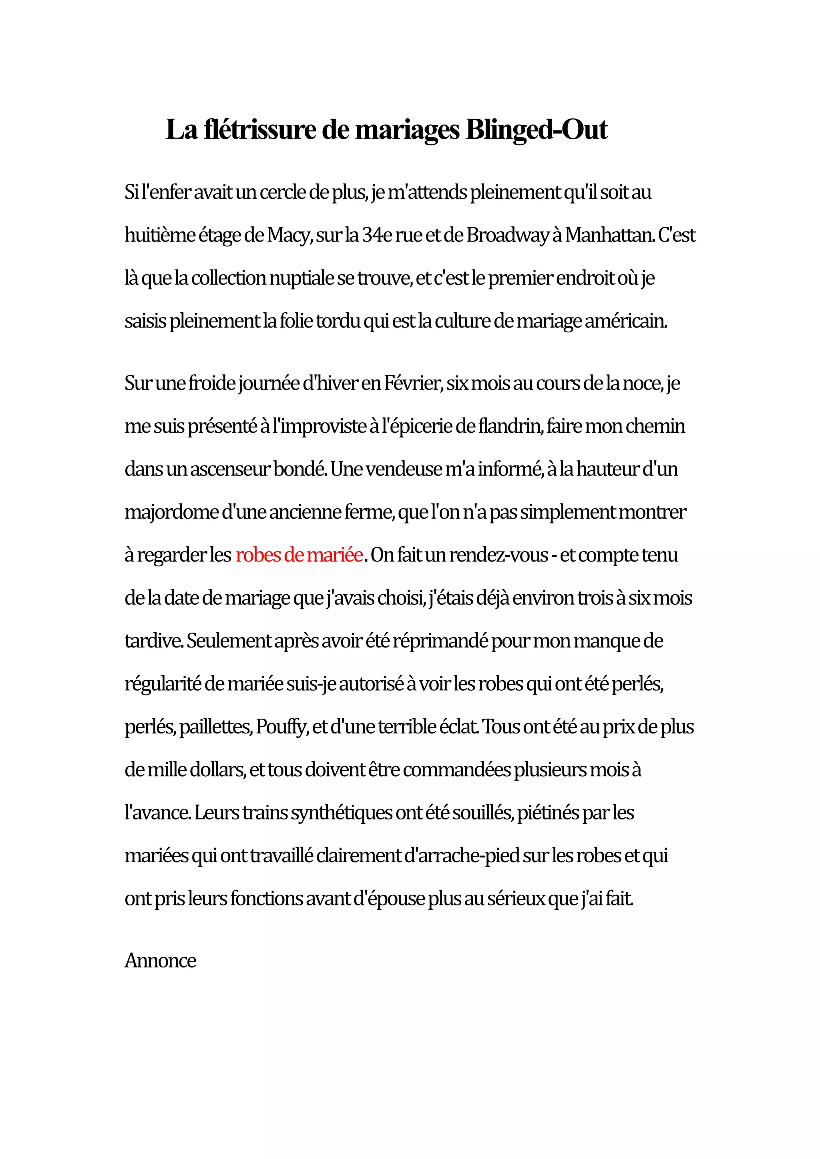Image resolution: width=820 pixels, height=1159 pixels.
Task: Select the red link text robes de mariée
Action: (299, 555)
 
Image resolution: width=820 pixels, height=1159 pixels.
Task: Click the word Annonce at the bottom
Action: (160, 961)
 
